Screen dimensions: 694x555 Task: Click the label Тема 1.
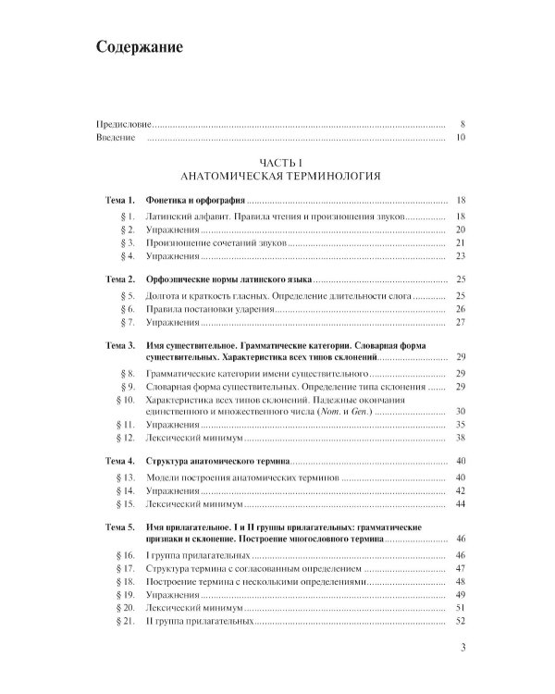pos(120,200)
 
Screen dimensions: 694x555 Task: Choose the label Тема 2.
pos(120,279)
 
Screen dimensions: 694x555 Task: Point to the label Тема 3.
pos(120,344)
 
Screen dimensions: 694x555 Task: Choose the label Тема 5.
pos(120,526)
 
